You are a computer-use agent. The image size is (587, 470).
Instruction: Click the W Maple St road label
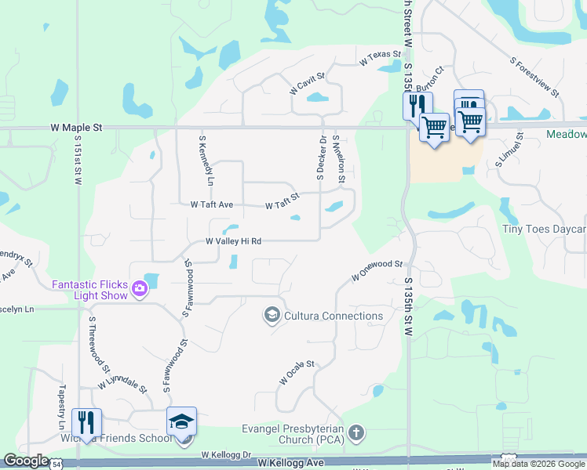pyautogui.click(x=76, y=126)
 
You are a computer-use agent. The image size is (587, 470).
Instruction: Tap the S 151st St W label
pyautogui.click(x=78, y=164)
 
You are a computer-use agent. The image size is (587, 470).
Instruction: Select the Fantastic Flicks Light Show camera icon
pyautogui.click(x=140, y=288)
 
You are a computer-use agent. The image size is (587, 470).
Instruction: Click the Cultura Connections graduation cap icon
pyautogui.click(x=272, y=316)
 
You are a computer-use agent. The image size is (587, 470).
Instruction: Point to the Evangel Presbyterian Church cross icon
pyautogui.click(x=356, y=432)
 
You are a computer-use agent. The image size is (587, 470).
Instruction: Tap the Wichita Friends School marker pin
pyautogui.click(x=181, y=423)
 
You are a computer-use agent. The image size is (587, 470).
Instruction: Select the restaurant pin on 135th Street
pyautogui.click(x=417, y=105)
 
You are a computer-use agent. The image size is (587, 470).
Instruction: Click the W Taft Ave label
pyautogui.click(x=212, y=204)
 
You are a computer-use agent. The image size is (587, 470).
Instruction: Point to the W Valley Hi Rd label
pyautogui.click(x=233, y=242)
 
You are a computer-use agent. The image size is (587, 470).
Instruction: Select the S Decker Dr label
pyautogui.click(x=321, y=157)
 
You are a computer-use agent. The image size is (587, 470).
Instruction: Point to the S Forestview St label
pyautogui.click(x=534, y=76)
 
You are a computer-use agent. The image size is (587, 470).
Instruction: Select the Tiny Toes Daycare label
pyautogui.click(x=544, y=230)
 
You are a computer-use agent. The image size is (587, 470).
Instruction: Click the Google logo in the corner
pyautogui.click(x=26, y=461)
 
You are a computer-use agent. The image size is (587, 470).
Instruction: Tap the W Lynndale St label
pyautogui.click(x=122, y=384)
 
